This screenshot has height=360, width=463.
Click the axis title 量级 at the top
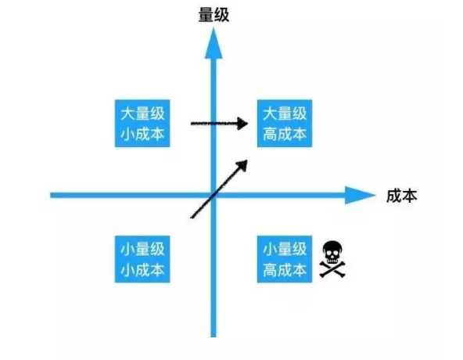[214, 15]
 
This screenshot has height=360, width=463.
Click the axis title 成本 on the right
[401, 196]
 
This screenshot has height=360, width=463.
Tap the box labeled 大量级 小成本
[142, 123]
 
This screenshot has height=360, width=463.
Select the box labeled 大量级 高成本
[285, 123]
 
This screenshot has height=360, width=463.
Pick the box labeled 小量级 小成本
[142, 259]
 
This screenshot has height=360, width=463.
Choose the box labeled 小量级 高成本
[285, 259]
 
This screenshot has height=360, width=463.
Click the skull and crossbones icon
[332, 259]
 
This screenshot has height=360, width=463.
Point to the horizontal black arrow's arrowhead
[242, 123]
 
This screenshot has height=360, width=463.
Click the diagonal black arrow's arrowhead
[242, 165]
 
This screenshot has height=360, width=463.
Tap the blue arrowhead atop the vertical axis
[214, 43]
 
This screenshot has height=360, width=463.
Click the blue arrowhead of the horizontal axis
[360, 195]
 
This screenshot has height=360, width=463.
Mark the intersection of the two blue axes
[214, 195]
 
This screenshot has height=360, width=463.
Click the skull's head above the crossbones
[332, 252]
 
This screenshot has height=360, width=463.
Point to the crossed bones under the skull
[332, 269]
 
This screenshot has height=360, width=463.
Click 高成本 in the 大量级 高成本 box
[285, 134]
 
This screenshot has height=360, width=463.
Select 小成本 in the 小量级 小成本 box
[142, 270]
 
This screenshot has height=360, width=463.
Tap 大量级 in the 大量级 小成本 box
[142, 113]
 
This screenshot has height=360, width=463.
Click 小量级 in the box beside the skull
[285, 249]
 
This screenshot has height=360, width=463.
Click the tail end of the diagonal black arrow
[192, 218]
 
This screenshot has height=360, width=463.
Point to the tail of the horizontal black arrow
[192, 124]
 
